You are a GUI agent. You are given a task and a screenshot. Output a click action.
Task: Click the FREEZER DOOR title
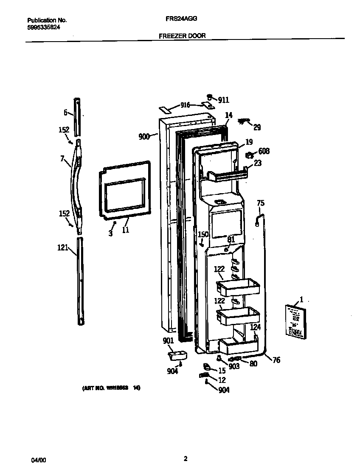(182, 36)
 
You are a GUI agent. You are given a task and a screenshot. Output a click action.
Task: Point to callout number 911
(224, 100)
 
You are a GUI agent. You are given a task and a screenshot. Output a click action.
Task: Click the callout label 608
(264, 151)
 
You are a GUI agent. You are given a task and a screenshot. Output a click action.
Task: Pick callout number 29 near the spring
(257, 127)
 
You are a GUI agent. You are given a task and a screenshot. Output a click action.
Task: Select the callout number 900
(144, 137)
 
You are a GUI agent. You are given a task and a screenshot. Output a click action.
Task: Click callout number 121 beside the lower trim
(62, 248)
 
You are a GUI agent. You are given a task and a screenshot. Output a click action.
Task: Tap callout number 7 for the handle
(62, 159)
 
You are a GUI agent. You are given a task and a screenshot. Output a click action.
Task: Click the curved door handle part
(77, 183)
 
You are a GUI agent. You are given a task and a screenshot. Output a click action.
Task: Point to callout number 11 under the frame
(126, 230)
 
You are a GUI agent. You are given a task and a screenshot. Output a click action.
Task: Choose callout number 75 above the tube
(261, 203)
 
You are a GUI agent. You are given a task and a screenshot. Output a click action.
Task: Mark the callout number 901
(169, 340)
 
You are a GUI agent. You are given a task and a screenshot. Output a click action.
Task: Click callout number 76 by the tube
(276, 360)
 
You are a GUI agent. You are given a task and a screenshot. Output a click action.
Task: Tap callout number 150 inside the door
(203, 235)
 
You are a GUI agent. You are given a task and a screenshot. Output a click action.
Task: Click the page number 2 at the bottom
(186, 459)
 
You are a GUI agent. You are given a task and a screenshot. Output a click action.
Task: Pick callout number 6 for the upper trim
(66, 113)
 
